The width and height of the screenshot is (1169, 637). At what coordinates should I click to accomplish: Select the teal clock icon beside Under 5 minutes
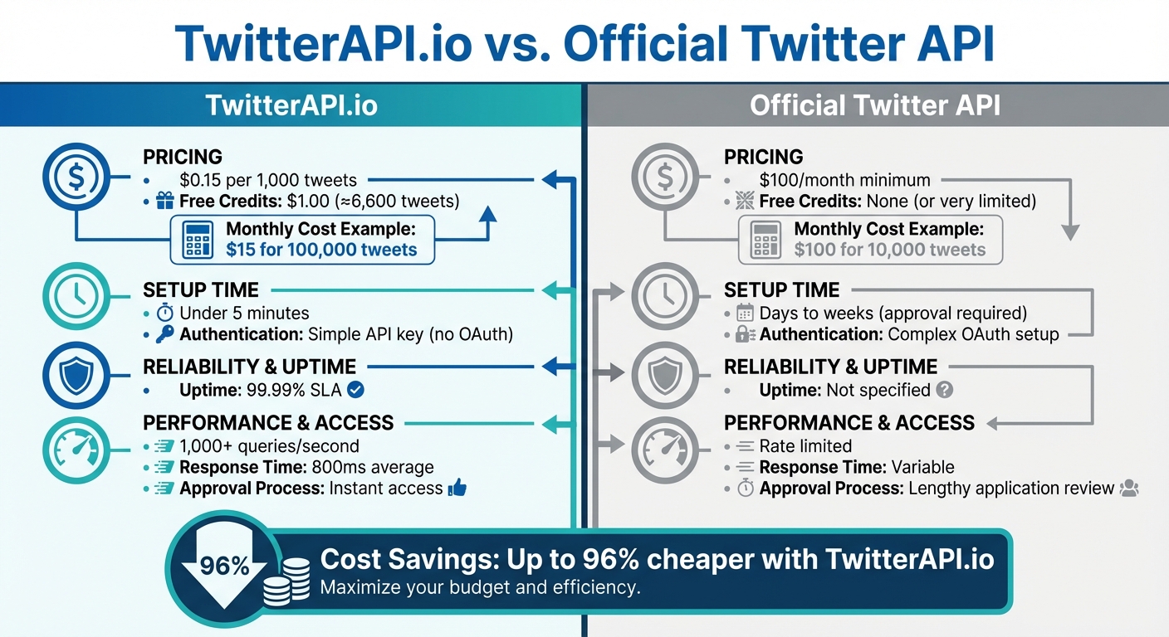coord(76,294)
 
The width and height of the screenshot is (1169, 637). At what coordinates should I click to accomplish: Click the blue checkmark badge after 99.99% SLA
coord(355,390)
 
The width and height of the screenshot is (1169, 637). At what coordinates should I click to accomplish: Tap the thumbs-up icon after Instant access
coord(457,489)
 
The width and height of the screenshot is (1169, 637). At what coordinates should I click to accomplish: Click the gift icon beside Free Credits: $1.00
coord(164,202)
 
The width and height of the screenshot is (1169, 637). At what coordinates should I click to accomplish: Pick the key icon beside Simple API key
coord(164,335)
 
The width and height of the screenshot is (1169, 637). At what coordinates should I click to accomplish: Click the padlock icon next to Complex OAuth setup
coord(744,335)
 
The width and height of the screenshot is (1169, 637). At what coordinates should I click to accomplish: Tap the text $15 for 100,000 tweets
coord(321,250)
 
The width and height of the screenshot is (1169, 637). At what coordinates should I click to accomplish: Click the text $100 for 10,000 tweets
coord(889,250)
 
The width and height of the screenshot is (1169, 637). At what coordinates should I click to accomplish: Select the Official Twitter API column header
coord(875,105)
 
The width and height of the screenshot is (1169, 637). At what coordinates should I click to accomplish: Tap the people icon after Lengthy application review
coord(1129,489)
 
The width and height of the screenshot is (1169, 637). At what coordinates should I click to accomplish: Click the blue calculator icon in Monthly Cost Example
coord(198,240)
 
